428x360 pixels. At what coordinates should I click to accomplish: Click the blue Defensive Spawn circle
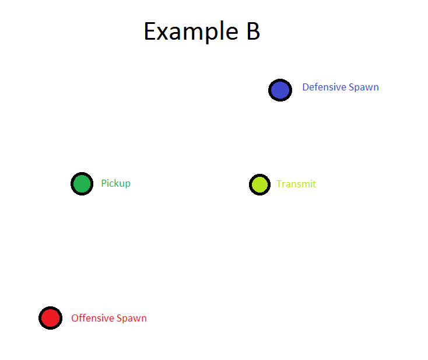(280, 90)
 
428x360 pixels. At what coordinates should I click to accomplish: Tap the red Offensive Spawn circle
(50, 318)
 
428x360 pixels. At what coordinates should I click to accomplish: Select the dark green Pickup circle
(82, 184)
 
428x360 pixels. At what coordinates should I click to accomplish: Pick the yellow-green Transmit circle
(259, 184)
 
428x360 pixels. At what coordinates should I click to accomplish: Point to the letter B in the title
(252, 31)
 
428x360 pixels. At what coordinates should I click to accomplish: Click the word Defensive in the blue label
(324, 87)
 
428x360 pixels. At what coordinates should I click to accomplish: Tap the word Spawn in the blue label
(364, 88)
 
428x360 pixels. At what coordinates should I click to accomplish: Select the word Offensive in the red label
(92, 318)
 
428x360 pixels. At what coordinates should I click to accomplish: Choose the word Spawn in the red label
(132, 319)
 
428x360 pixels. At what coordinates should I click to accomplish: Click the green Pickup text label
(115, 183)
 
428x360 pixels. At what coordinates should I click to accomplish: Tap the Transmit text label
(296, 184)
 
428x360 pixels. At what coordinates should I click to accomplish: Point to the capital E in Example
(150, 31)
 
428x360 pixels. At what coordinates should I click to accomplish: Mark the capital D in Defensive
(306, 87)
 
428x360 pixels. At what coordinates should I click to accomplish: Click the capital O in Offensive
(75, 318)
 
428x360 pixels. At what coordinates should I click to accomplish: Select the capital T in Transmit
(279, 184)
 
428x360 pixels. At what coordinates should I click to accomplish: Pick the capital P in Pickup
(104, 183)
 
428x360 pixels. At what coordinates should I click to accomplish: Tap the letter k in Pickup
(117, 183)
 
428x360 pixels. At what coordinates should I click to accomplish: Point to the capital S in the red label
(119, 318)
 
